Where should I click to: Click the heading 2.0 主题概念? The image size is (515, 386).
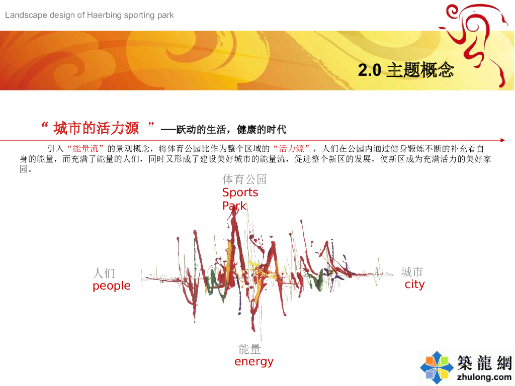(x=406, y=70)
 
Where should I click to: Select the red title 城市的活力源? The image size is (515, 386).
(x=96, y=128)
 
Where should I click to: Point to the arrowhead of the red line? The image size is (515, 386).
(x=503, y=140)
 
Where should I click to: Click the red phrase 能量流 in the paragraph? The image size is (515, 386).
(x=85, y=149)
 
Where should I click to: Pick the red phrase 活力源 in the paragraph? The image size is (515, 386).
(x=291, y=149)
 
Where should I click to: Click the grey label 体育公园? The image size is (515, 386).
(x=244, y=179)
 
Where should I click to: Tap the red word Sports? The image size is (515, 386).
(x=240, y=192)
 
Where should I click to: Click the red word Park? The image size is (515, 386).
(x=234, y=206)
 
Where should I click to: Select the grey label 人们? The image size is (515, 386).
(x=104, y=273)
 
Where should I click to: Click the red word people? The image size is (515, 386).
(x=112, y=286)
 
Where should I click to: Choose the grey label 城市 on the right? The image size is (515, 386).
(x=412, y=272)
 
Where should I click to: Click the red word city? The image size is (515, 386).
(x=414, y=284)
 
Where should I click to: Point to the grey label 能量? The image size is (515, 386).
(x=249, y=349)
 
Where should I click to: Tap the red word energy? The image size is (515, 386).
(x=254, y=362)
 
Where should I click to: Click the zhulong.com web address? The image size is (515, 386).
(x=484, y=377)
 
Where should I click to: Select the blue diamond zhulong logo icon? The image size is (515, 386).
(x=437, y=367)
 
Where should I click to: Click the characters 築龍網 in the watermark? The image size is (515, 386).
(x=485, y=363)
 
